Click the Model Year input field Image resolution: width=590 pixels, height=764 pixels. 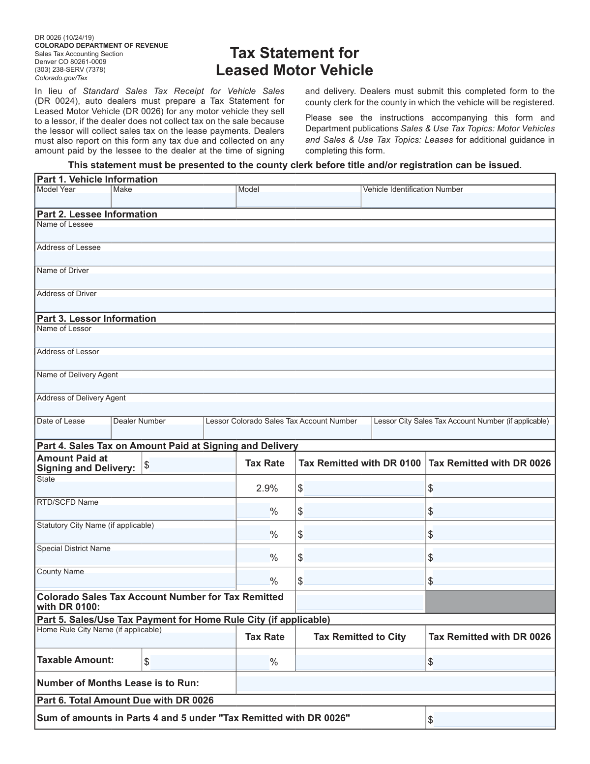(x=73, y=200)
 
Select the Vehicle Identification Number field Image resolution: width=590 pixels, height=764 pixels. (x=458, y=200)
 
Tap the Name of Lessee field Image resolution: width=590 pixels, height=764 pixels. (x=295, y=235)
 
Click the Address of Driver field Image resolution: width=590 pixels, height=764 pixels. (x=295, y=304)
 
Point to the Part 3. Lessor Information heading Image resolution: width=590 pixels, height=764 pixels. (x=96, y=318)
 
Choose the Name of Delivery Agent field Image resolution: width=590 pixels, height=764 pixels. (x=295, y=385)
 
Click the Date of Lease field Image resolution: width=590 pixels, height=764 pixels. (x=73, y=431)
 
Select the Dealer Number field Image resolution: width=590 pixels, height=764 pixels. (x=157, y=431)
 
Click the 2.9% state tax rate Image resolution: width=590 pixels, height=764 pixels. (x=267, y=488)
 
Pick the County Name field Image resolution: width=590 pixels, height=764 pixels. (x=135, y=581)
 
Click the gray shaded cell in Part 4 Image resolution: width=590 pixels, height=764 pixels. (x=490, y=601)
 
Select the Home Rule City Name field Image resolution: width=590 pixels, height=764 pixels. (x=135, y=640)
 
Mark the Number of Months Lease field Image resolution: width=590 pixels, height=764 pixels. (x=395, y=683)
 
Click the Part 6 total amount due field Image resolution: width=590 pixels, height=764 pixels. (x=494, y=720)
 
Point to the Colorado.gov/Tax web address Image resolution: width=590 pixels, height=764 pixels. (x=61, y=78)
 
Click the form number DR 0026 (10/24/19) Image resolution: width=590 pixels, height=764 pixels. (x=64, y=37)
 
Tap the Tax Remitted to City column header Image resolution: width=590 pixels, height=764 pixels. (x=359, y=637)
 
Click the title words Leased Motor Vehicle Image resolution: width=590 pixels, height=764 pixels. (x=295, y=70)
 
